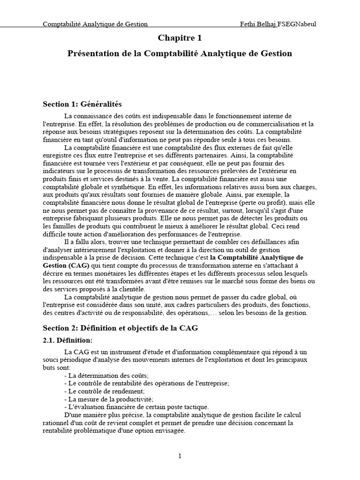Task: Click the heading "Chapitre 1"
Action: tap(180, 38)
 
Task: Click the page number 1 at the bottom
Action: tap(180, 457)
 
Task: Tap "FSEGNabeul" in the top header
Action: tap(297, 24)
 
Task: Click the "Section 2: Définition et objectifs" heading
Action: tap(120, 328)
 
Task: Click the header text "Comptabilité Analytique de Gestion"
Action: tap(95, 24)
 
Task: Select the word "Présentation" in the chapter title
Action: tap(93, 53)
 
